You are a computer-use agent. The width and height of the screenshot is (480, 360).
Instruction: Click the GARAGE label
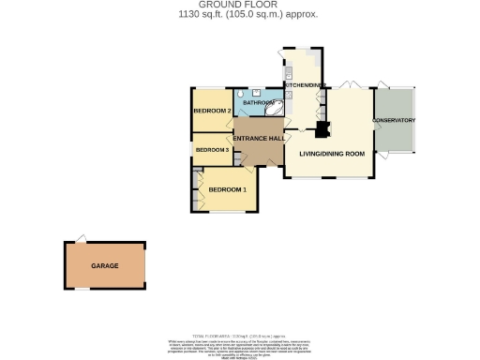coord(105,266)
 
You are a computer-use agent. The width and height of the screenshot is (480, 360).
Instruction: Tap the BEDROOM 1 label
coord(227,190)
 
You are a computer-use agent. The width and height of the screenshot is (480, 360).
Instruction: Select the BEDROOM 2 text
coord(212,112)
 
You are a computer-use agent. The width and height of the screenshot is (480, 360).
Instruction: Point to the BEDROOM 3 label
coord(212,150)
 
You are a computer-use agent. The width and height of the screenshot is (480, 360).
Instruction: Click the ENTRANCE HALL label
coord(259,139)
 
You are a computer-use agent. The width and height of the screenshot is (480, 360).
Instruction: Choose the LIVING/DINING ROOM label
coord(331,153)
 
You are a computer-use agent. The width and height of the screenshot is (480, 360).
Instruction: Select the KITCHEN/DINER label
coord(305,85)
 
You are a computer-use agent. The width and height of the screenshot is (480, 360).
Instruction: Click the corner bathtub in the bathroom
coord(275,109)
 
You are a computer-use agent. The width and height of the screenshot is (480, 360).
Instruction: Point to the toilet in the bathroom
coord(241,95)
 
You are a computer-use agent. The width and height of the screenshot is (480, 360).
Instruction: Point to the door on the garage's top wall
coord(82,238)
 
